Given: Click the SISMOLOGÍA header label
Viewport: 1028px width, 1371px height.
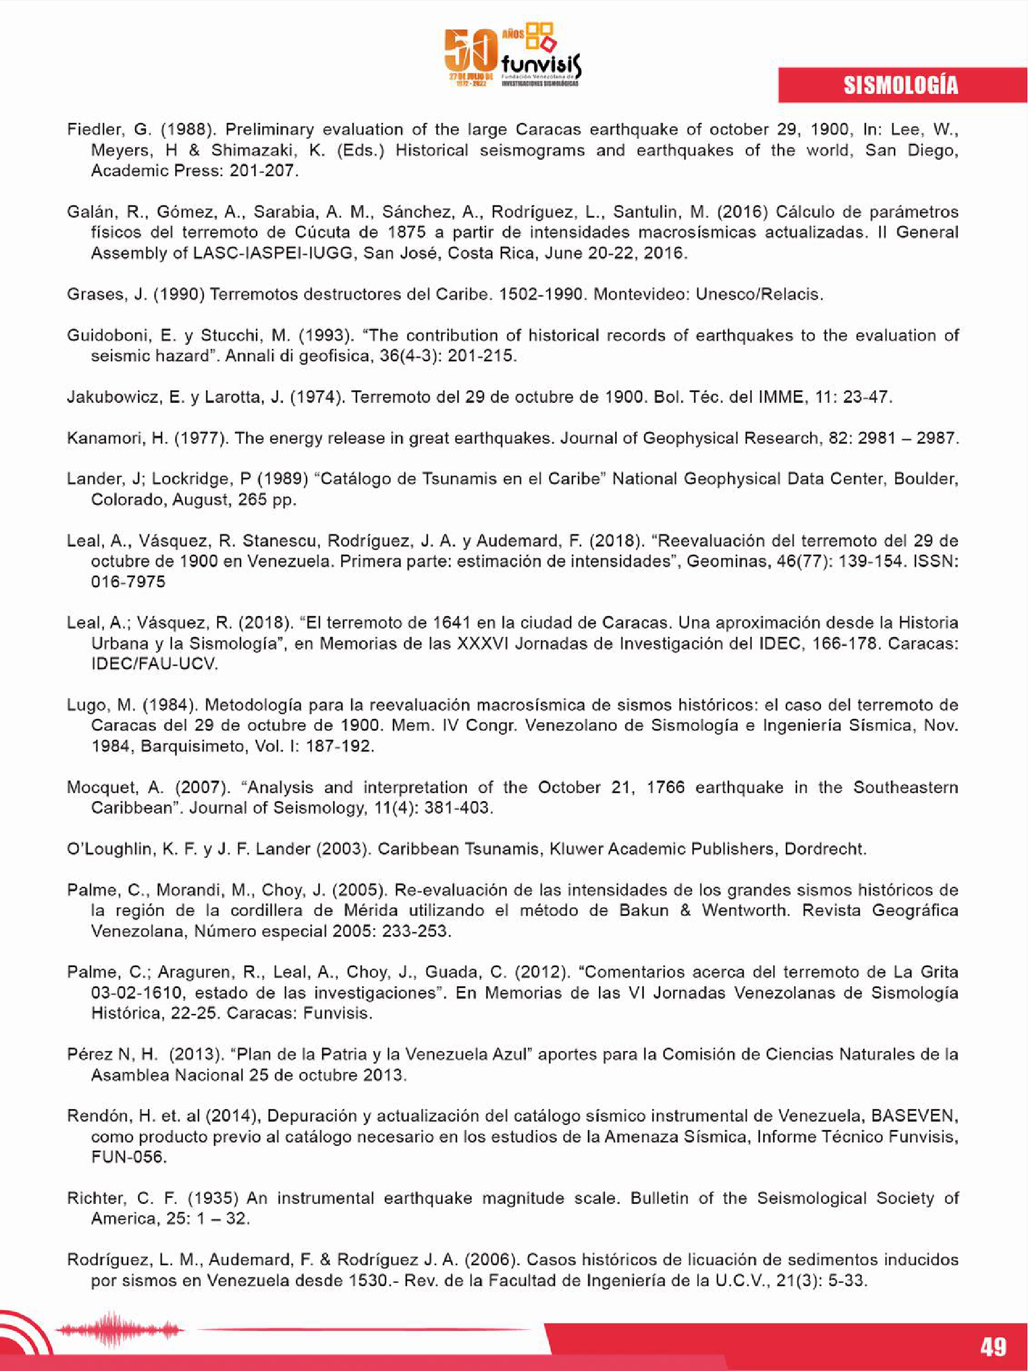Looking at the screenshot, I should [x=900, y=85].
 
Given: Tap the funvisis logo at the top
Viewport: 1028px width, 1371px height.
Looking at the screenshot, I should [x=513, y=56].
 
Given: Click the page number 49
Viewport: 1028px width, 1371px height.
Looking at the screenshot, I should [x=993, y=1346].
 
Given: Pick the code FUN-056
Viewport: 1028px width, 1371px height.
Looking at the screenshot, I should [x=128, y=1157].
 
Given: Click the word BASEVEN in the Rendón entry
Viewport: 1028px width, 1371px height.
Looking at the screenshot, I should [x=914, y=1116].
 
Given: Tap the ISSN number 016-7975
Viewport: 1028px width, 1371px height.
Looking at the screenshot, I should [x=128, y=582].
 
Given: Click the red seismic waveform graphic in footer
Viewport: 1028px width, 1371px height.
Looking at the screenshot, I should [x=118, y=1329].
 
